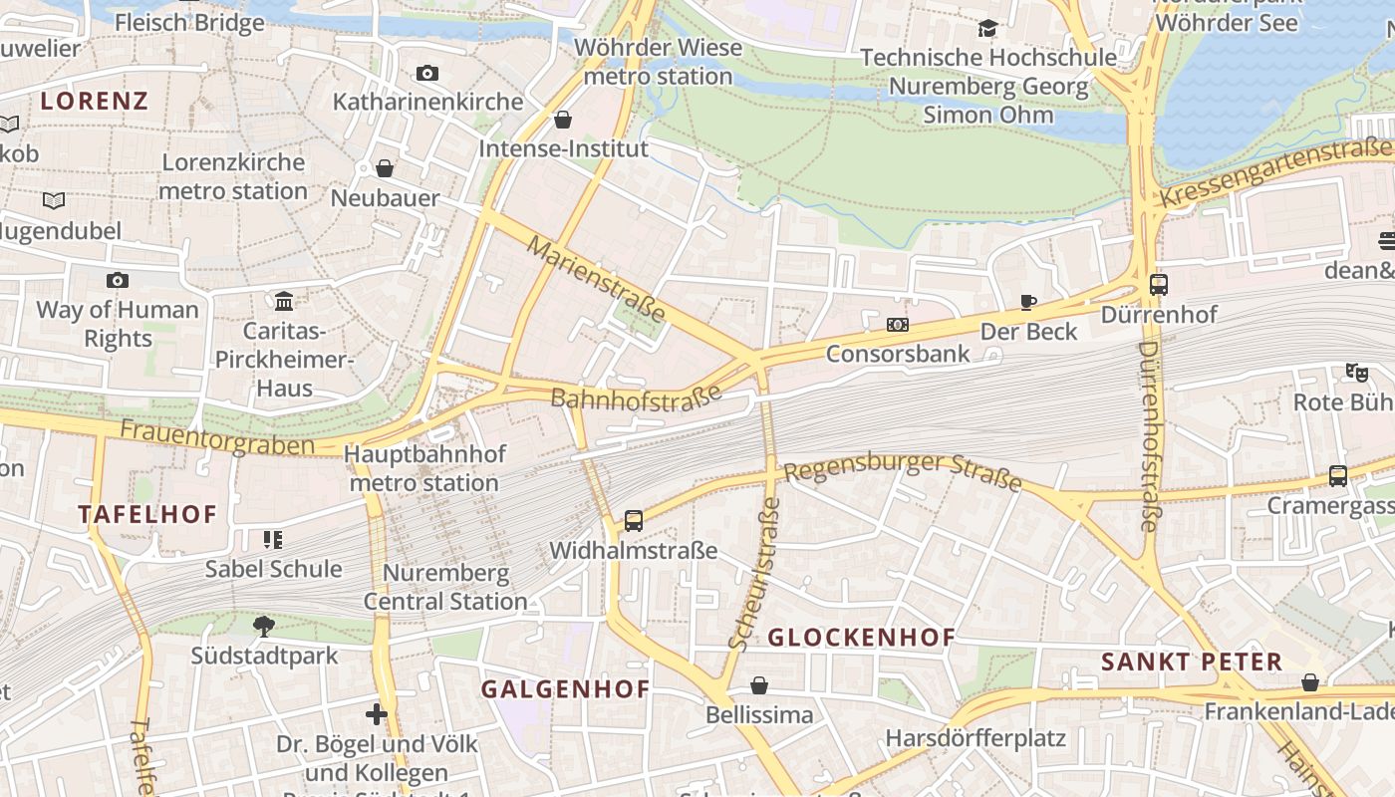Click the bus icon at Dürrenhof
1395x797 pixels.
1158,285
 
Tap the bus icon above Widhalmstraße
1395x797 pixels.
634,520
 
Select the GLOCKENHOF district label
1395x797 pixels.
862,638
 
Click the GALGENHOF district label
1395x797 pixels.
565,689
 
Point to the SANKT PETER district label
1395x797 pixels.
1191,662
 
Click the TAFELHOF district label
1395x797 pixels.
147,515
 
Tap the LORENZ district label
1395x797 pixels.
95,101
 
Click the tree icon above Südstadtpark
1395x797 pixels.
264,626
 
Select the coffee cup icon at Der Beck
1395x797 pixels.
1028,302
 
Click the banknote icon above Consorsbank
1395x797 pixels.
897,325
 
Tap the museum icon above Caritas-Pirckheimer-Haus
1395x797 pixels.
284,301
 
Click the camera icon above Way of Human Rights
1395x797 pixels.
118,280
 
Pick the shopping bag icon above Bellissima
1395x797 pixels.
759,685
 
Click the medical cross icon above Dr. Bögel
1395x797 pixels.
376,713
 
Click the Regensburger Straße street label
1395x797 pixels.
903,472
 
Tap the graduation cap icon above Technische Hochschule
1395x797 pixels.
986,29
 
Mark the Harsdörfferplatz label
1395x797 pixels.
976,739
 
